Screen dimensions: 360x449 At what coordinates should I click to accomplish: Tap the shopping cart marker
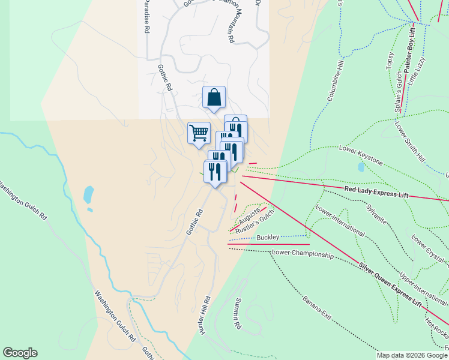[x=199, y=133]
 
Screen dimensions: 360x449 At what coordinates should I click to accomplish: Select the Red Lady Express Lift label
[x=376, y=191]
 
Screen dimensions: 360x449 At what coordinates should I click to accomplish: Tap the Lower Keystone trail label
[x=361, y=154]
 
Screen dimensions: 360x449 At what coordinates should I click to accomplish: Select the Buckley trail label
[x=268, y=238]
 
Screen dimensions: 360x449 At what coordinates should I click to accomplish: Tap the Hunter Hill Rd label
[x=205, y=315]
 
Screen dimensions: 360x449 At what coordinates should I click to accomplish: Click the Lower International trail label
[x=339, y=221]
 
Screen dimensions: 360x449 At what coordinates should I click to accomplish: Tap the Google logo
[x=20, y=353]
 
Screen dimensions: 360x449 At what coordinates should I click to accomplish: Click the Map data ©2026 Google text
[x=411, y=355]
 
